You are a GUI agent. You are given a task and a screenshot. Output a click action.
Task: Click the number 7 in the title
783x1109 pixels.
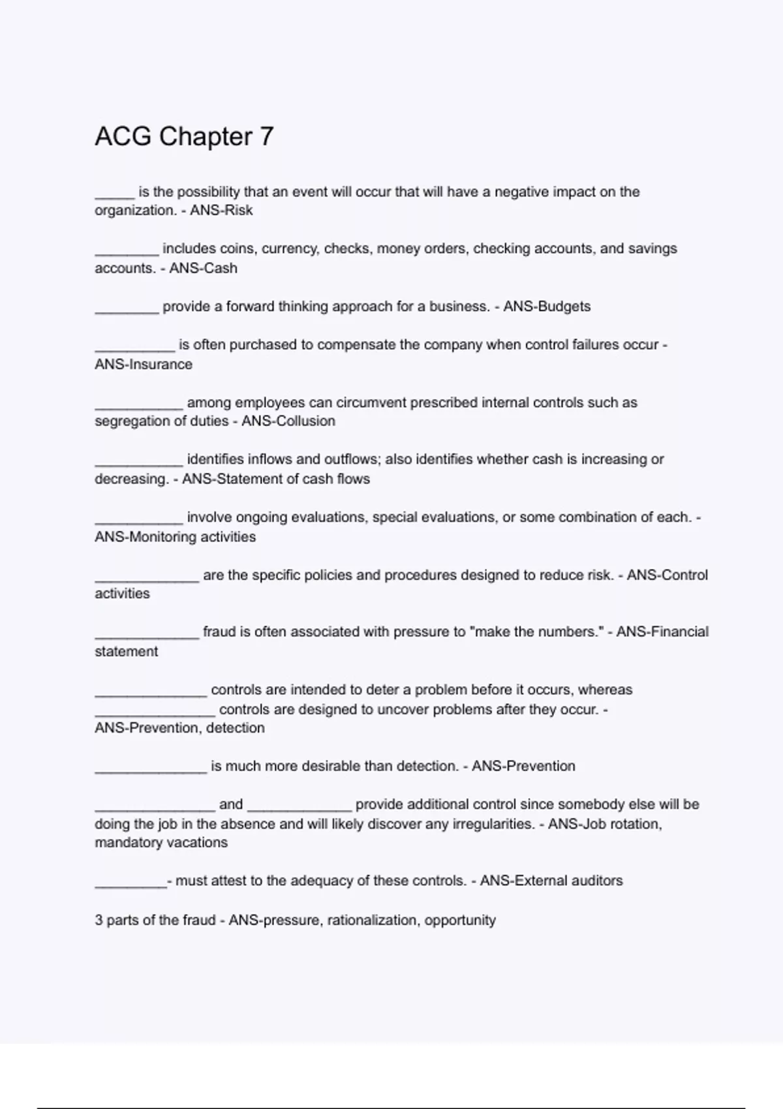point(266,137)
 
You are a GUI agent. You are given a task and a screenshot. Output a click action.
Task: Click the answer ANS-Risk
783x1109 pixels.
point(221,211)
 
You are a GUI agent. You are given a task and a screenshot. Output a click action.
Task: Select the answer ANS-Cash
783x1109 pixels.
point(203,268)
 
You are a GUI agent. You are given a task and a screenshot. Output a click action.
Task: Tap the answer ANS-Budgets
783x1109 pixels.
point(547,307)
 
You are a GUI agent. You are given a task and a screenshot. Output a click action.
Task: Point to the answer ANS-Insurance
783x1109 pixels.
point(144,364)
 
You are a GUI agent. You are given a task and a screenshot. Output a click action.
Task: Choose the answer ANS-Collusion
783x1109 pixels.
point(288,421)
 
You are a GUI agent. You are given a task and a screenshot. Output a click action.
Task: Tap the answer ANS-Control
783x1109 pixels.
point(667,575)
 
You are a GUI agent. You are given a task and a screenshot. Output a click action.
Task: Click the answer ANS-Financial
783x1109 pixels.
point(662,632)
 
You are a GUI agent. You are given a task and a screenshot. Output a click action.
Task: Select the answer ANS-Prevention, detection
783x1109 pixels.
point(179,728)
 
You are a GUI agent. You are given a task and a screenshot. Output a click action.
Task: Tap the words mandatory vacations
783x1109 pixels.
point(161,843)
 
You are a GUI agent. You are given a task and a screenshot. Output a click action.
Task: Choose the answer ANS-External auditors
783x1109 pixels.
point(551,881)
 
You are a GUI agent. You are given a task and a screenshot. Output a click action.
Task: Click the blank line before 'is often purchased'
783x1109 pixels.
point(134,349)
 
